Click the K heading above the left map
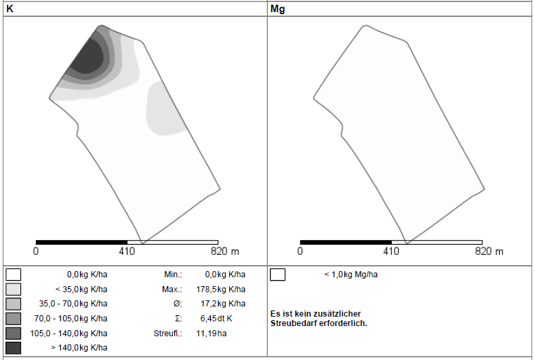(9, 9)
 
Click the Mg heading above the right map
(277, 9)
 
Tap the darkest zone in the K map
(87, 56)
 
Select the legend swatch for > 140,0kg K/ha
(14, 348)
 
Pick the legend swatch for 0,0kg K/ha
(14, 275)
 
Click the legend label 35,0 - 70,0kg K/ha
(73, 304)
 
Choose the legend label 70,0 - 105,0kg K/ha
(71, 319)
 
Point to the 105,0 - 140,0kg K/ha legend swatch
(14, 334)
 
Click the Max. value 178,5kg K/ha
(221, 289)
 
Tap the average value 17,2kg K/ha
(223, 304)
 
